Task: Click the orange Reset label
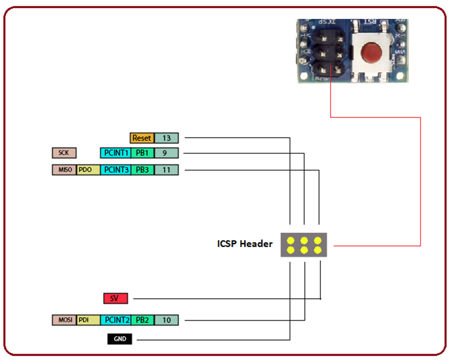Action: click(x=142, y=138)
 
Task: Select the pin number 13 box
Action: click(x=166, y=138)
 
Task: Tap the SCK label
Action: click(x=64, y=153)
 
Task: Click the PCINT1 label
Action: click(x=115, y=153)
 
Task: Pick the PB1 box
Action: click(x=142, y=153)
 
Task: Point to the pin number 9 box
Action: click(x=166, y=153)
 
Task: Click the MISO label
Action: click(x=64, y=170)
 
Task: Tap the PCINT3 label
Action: click(x=115, y=170)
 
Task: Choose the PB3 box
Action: click(x=142, y=170)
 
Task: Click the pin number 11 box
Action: click(x=166, y=170)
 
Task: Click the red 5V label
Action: click(x=115, y=298)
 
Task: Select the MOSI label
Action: click(x=64, y=320)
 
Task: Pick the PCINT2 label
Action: click(x=115, y=320)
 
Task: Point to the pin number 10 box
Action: click(x=166, y=320)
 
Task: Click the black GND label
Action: click(x=119, y=339)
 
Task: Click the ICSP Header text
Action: click(x=245, y=244)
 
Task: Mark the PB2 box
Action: click(x=142, y=320)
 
